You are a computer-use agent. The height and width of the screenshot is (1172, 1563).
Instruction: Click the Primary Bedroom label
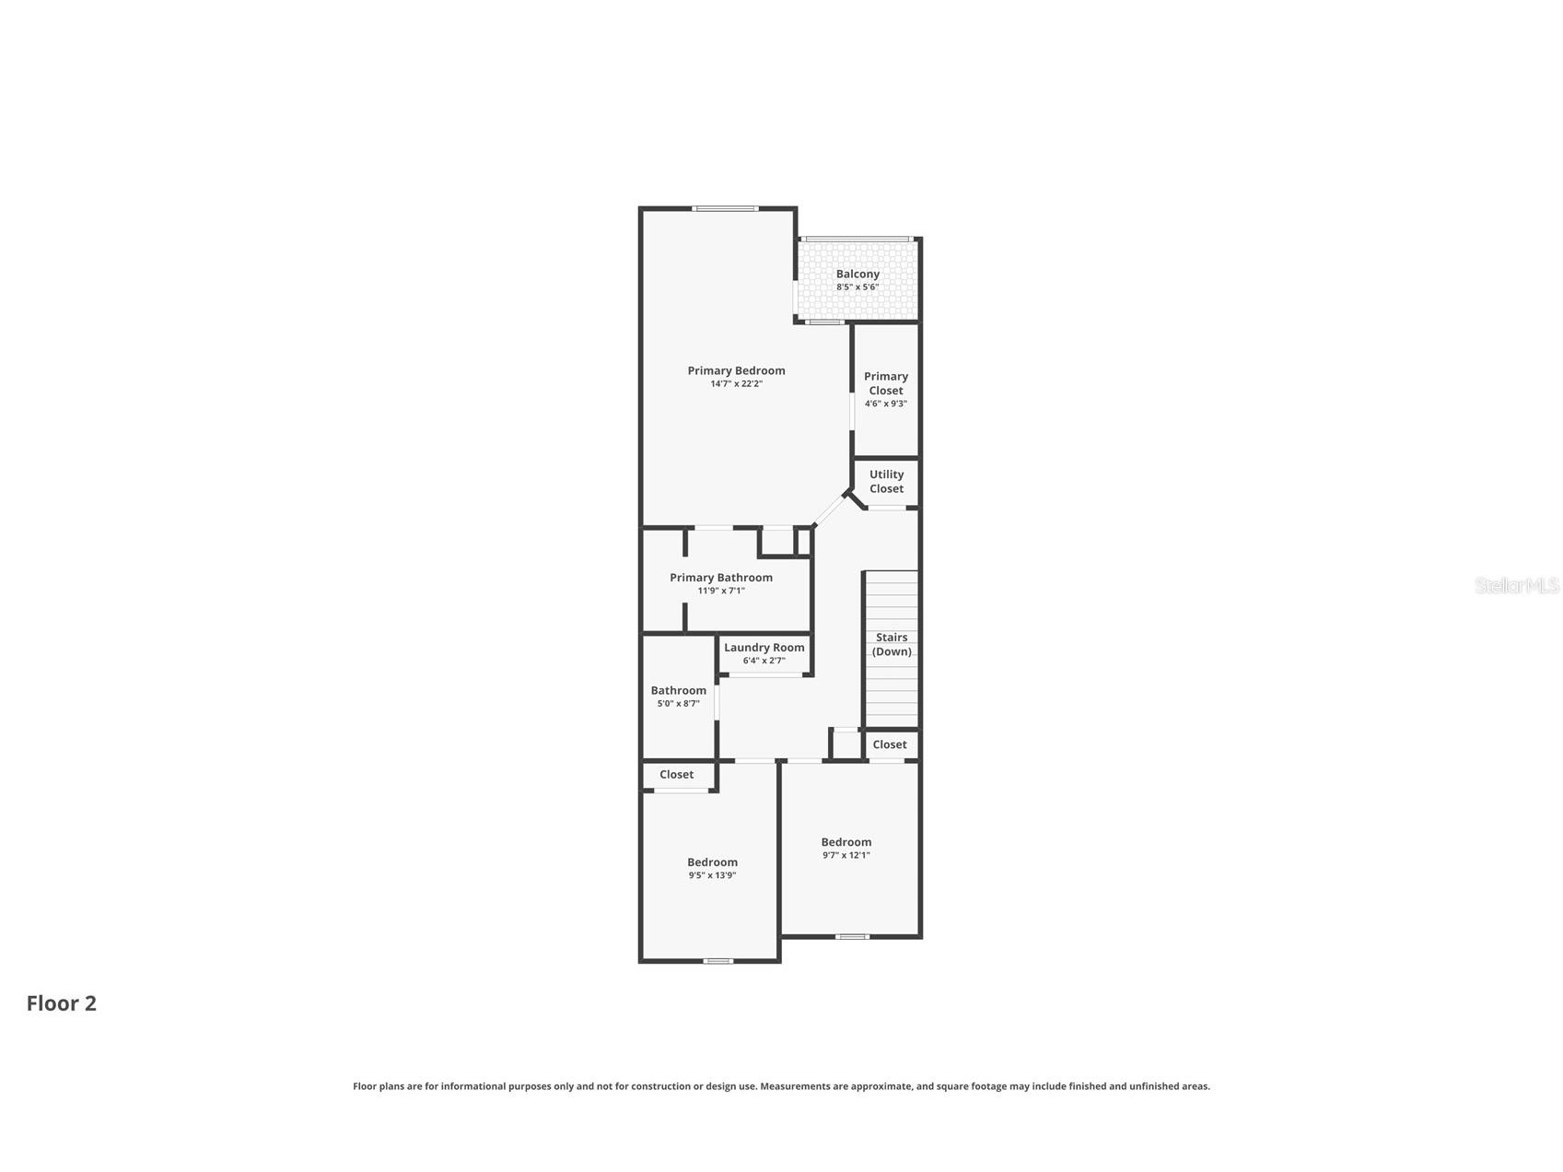736,370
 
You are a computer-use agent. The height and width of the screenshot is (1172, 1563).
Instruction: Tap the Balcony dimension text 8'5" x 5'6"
857,287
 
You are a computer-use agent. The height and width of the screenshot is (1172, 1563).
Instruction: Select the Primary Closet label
886,383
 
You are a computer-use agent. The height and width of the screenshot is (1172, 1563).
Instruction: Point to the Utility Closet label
887,482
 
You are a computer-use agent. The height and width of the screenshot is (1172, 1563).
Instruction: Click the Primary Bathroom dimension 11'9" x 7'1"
721,591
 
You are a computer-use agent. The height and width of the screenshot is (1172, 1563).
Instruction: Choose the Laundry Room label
764,648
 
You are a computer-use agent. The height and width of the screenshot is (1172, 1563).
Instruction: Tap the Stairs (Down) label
892,644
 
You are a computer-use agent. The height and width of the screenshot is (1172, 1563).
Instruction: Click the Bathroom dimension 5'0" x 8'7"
679,703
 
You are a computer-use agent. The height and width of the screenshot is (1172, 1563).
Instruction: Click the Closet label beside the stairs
890,744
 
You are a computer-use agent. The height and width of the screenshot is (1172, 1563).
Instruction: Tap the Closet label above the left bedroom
677,775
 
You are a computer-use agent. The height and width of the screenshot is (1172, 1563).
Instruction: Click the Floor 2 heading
62,1003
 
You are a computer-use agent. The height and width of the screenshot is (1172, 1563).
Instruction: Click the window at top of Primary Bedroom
726,208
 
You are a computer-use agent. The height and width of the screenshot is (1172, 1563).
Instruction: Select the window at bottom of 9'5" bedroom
718,961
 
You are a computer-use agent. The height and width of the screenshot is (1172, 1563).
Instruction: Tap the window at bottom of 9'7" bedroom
852,937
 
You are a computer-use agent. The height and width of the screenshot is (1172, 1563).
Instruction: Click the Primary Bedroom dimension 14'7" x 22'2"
736,384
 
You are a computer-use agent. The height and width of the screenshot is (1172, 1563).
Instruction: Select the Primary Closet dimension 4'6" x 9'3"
886,404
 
